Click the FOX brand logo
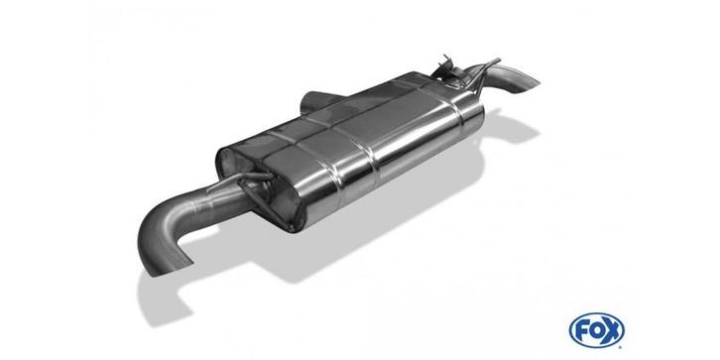pyautogui.click(x=596, y=330)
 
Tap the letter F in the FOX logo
pyautogui.click(x=582, y=330)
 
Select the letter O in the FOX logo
pyautogui.click(x=596, y=330)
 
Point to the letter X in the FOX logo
pyautogui.click(x=611, y=330)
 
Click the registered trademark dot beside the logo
pyautogui.click(x=622, y=346)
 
